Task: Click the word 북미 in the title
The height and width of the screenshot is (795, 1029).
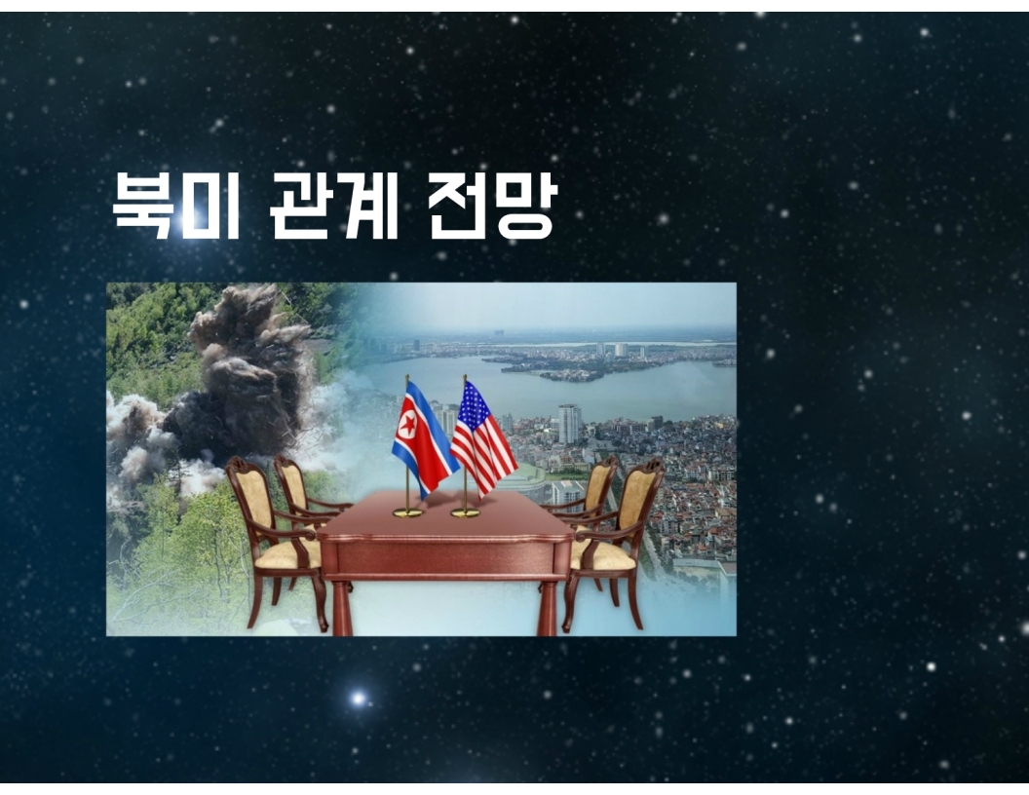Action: coord(175,206)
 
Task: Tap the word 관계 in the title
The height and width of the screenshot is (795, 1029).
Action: coord(334,206)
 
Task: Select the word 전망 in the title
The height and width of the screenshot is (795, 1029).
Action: coord(492,206)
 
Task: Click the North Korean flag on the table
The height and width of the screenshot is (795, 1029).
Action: coord(424,435)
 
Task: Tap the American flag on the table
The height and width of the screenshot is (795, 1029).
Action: coord(483,436)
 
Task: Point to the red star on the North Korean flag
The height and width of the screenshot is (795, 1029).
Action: coord(407,427)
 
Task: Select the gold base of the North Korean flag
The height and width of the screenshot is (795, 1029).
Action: coord(407,512)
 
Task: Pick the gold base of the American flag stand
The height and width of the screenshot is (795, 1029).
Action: coord(465,512)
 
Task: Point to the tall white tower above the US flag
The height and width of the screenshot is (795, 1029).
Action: coord(568,424)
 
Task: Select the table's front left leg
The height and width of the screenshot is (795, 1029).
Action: coord(342,608)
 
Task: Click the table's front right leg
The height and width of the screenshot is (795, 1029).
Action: coord(548,608)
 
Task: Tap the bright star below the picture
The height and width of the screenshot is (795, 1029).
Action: coord(358,698)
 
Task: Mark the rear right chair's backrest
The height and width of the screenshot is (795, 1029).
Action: coord(598,484)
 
